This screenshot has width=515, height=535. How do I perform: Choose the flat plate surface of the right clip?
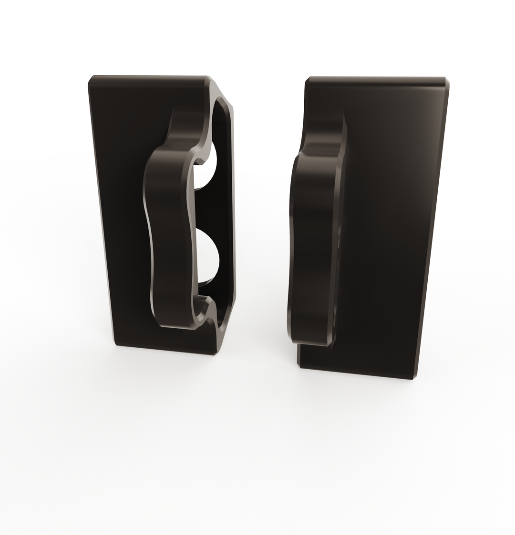pos(391,214)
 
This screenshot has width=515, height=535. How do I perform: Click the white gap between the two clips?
pos(262,214)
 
